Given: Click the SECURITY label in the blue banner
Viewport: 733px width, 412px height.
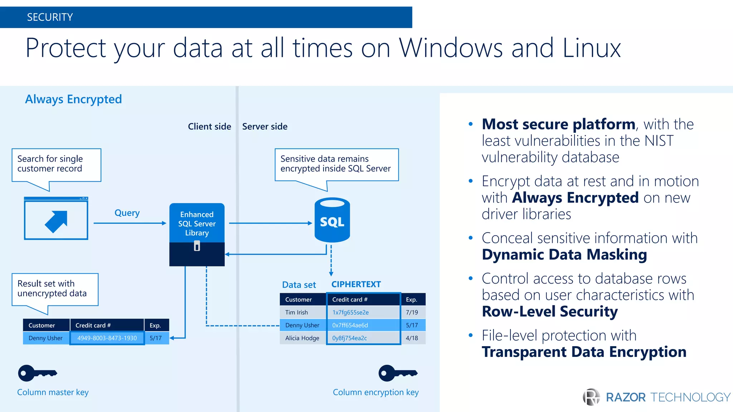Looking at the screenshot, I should pos(50,17).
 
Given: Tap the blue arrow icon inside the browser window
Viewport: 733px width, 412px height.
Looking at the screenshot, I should pos(57,221).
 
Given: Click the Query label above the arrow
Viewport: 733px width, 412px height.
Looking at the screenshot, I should pos(127,213).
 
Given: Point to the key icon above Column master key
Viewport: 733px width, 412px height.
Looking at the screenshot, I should pos(37,373).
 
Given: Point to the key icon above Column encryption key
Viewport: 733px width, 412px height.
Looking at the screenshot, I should pos(397,373).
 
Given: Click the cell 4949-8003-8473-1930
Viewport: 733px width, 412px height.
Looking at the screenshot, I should pos(107,338).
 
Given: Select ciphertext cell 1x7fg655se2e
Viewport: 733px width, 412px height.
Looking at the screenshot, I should pos(350,312).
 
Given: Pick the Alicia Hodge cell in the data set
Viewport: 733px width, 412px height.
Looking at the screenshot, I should pos(302,338).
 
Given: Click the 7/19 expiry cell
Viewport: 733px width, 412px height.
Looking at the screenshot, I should pos(412,312).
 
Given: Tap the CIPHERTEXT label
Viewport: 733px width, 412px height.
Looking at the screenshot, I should pos(356,284).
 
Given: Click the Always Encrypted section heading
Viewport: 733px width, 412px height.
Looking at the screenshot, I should pos(73,99).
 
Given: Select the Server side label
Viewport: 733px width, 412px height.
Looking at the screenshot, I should pos(264,127).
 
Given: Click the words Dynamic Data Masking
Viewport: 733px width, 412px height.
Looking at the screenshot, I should pos(564,255).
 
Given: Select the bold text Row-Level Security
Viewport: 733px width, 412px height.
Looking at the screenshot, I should pos(549,312).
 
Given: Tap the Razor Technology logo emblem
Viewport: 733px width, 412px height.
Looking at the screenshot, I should pos(591,397).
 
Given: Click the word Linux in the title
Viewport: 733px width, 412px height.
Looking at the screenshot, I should pos(591,48).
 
